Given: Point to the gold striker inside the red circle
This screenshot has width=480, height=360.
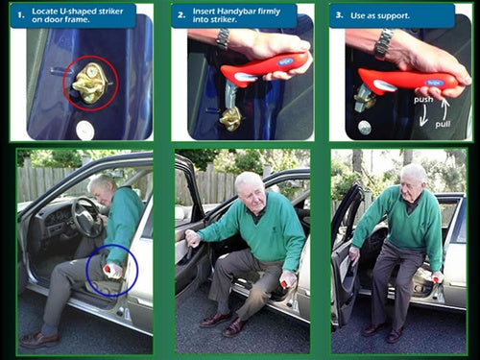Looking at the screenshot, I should [x=89, y=84].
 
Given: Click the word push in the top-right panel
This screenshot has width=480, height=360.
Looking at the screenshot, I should [x=394, y=99].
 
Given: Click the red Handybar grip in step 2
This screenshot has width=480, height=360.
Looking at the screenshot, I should [x=264, y=68].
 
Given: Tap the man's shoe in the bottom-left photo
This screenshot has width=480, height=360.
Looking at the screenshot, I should [x=39, y=339].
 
